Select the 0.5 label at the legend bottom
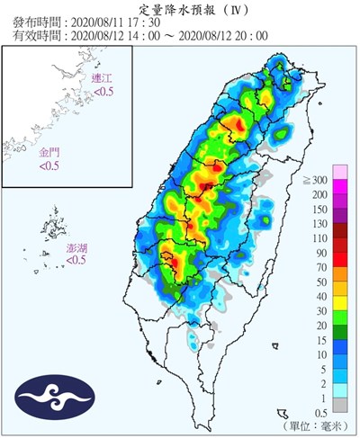pos(318,412)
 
